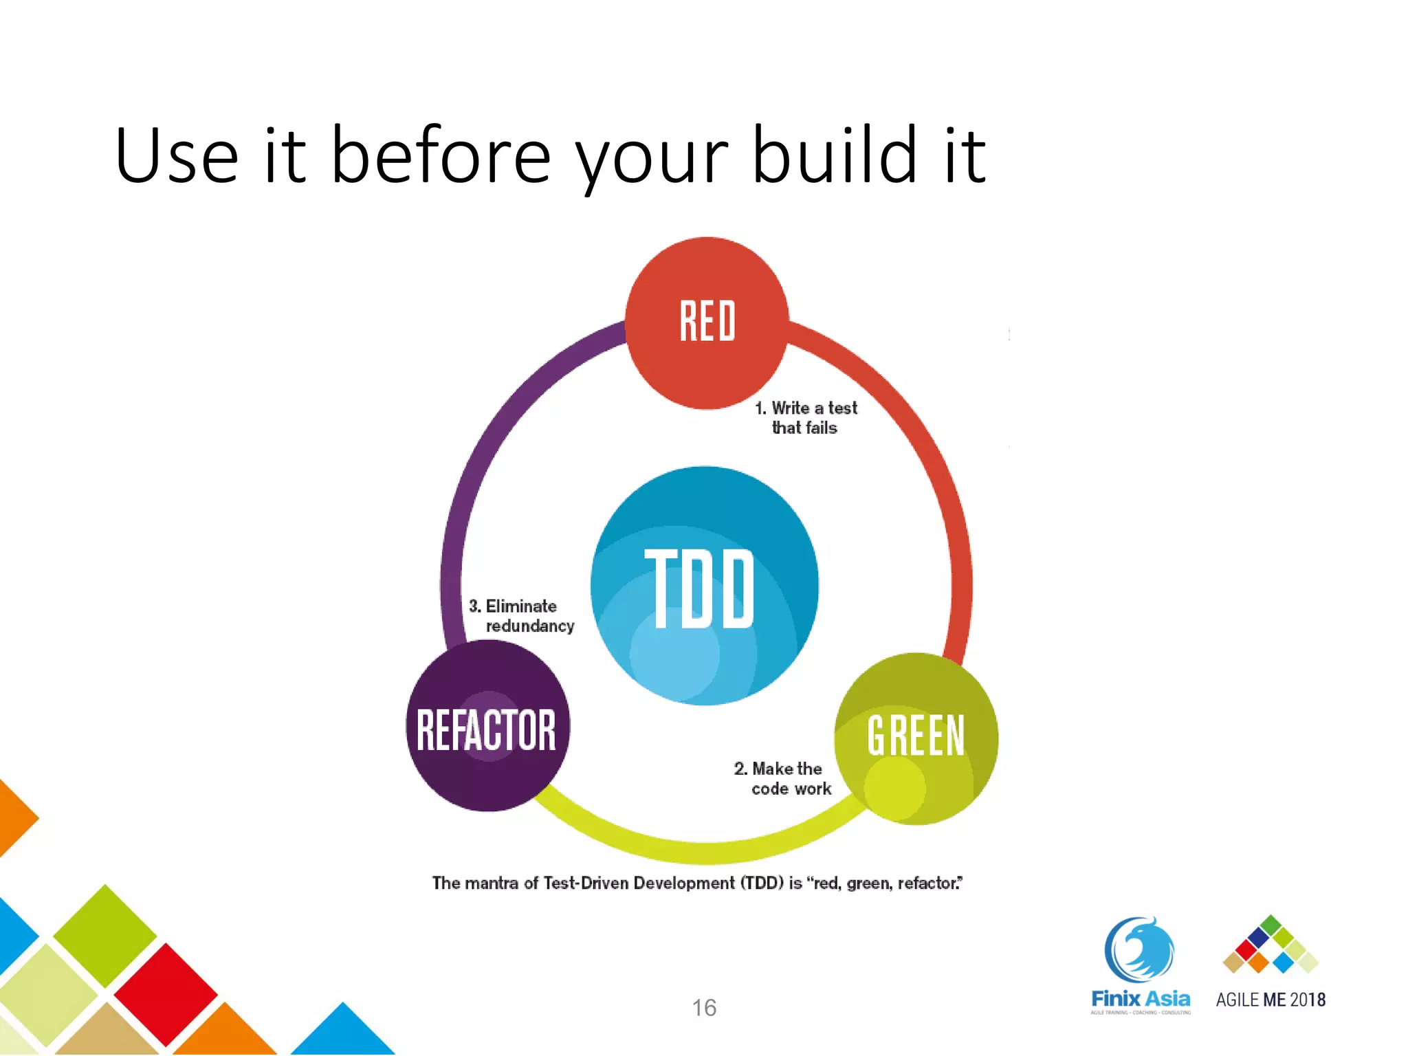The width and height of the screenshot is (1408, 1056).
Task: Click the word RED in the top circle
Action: [707, 321]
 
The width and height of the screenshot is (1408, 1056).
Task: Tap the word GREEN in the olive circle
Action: [915, 736]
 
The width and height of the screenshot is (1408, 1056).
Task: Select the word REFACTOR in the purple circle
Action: [486, 730]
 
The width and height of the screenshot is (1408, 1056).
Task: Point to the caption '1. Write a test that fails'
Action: [806, 417]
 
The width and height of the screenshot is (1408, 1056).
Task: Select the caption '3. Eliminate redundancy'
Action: [521, 616]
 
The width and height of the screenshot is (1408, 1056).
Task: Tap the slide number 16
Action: [703, 1008]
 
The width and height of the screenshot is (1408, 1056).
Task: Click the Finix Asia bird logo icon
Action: [1139, 949]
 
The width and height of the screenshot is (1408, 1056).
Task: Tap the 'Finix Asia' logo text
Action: [1140, 998]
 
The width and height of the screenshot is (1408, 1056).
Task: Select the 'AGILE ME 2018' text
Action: [1270, 1000]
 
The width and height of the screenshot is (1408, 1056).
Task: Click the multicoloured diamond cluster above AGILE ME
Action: [1270, 945]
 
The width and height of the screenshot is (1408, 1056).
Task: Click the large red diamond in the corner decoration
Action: [165, 993]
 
